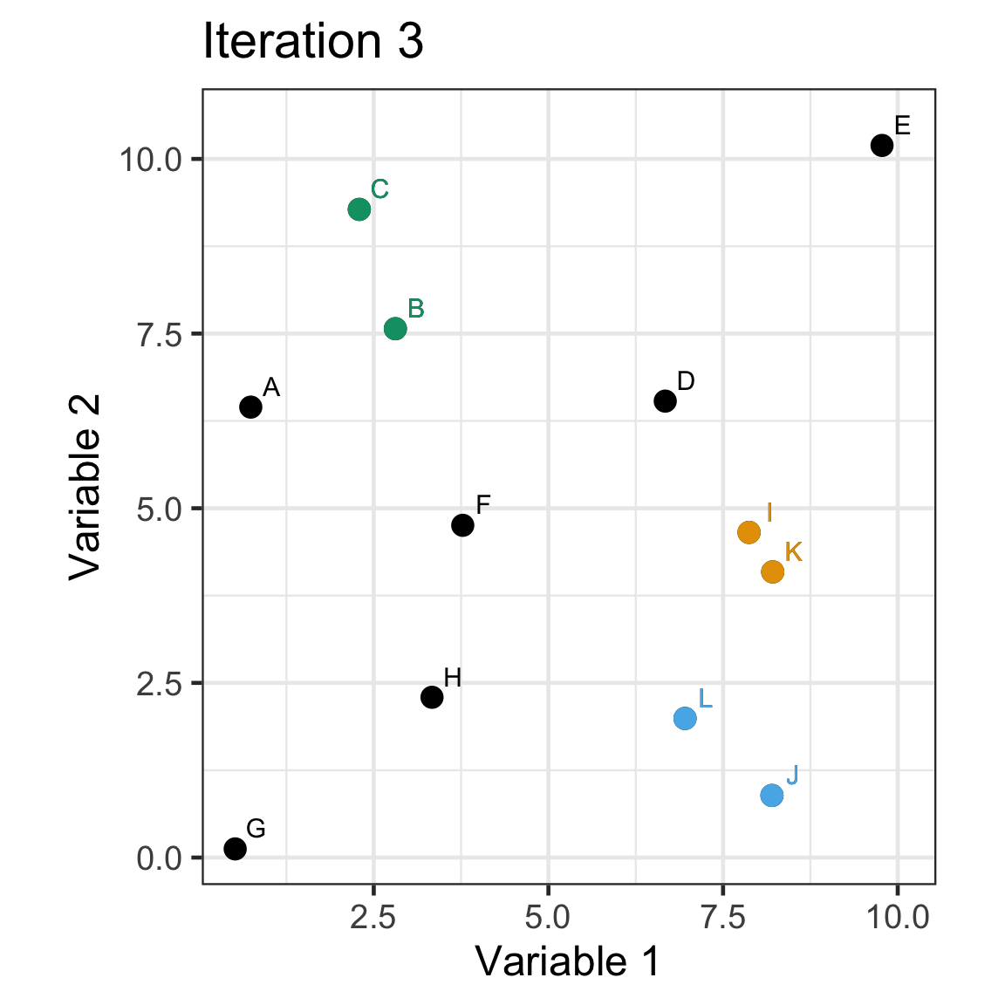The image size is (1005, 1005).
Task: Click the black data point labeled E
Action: [882, 145]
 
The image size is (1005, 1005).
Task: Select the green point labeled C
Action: [359, 209]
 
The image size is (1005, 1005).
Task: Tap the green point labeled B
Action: [395, 328]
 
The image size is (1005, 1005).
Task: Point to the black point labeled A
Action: [250, 407]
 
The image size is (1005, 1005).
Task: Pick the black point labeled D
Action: [665, 401]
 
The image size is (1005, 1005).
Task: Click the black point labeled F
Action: [462, 525]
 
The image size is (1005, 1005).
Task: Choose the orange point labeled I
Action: [749, 532]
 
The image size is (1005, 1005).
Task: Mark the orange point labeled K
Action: [772, 571]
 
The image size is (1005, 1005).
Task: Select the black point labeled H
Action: [432, 697]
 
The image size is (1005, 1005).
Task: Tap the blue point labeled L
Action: [685, 718]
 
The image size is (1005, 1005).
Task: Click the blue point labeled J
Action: [771, 795]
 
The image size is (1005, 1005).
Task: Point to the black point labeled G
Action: [235, 848]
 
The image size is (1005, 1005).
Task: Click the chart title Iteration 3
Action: [313, 41]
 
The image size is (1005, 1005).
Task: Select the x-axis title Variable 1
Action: [568, 961]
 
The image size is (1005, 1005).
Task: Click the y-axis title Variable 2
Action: [85, 487]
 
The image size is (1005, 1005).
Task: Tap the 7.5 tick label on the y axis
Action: [158, 335]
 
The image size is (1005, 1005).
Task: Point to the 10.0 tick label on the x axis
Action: [898, 918]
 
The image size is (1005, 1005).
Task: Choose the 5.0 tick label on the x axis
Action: [549, 918]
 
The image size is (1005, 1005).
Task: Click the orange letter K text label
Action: [793, 551]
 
